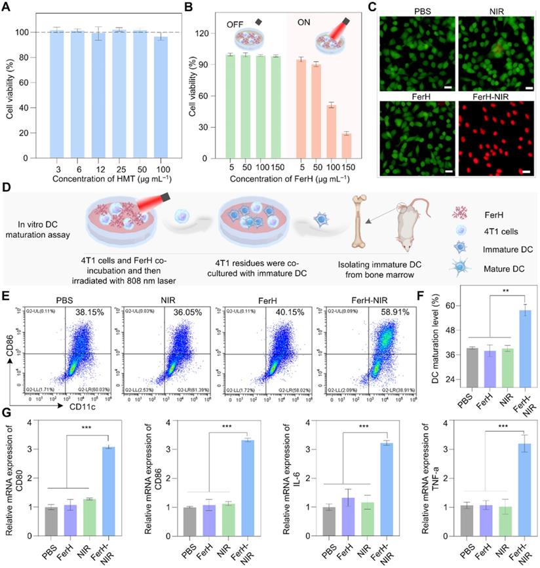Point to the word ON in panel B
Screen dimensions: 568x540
coord(303,24)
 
